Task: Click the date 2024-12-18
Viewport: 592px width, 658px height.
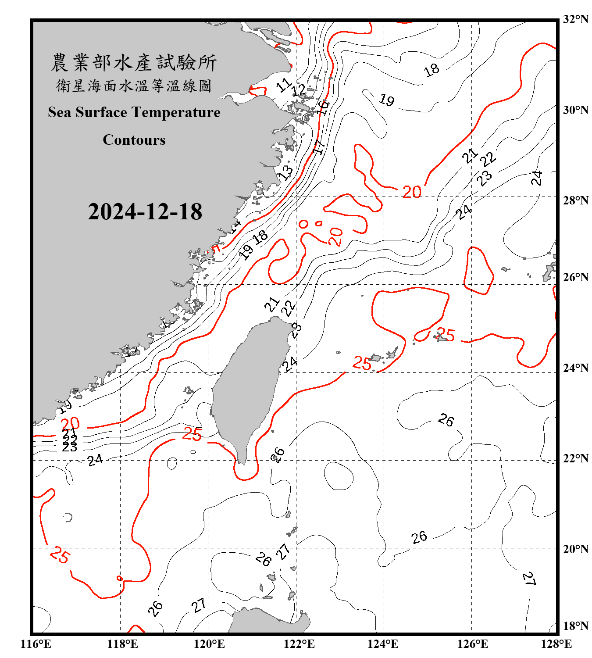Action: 145,211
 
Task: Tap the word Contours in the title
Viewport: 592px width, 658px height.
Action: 134,139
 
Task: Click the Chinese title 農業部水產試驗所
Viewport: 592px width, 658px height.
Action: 134,62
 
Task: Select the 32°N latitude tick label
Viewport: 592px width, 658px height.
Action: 575,19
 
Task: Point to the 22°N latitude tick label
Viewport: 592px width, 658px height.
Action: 575,458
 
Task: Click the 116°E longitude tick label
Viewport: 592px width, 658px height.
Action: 36,644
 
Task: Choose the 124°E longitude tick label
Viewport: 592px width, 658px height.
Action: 383,644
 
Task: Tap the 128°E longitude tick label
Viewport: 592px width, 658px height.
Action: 556,644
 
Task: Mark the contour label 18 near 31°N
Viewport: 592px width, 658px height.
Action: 432,69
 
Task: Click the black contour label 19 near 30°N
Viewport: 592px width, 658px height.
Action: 386,100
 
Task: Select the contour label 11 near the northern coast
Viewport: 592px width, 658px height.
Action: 284,85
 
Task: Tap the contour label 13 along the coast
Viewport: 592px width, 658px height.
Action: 286,172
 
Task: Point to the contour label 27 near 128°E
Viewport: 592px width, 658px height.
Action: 529,579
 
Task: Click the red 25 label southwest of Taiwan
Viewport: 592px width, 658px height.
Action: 192,434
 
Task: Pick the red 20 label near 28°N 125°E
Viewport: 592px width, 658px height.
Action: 412,192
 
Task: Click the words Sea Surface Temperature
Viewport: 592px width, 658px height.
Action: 134,112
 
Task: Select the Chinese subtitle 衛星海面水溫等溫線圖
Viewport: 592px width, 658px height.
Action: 134,86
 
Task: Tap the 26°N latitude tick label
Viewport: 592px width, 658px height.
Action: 575,277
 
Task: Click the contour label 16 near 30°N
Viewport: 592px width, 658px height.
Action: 323,107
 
